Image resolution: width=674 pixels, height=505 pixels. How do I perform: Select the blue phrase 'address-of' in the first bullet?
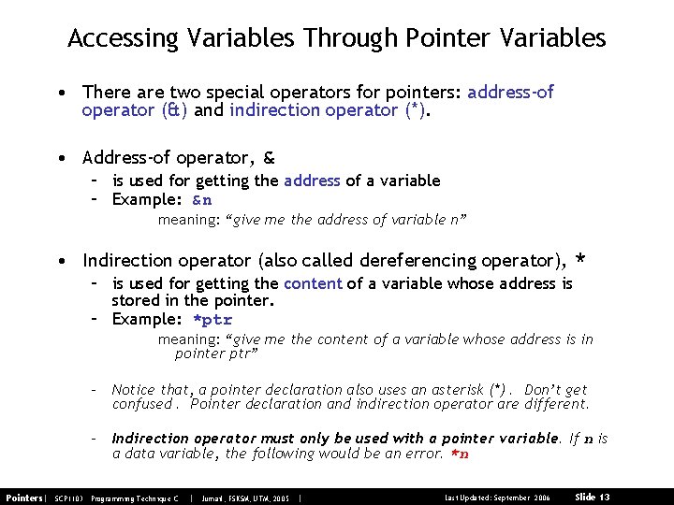[x=510, y=92]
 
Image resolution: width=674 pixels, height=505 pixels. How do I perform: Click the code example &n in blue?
[x=202, y=199]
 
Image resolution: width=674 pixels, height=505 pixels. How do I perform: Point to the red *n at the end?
[x=460, y=454]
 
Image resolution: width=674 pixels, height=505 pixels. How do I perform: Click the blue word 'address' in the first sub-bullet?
[x=312, y=180]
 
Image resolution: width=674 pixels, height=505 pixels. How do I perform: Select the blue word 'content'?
[x=313, y=283]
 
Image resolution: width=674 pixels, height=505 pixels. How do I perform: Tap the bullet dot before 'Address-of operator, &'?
[x=59, y=158]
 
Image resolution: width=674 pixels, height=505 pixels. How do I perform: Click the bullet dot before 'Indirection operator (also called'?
[x=59, y=260]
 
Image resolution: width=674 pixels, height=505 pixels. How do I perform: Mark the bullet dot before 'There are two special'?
[x=59, y=93]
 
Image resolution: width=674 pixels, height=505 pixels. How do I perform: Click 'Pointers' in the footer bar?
[x=24, y=496]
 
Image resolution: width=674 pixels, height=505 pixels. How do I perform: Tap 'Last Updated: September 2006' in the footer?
[x=497, y=496]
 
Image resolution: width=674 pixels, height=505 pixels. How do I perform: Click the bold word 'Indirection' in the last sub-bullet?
[x=151, y=438]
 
